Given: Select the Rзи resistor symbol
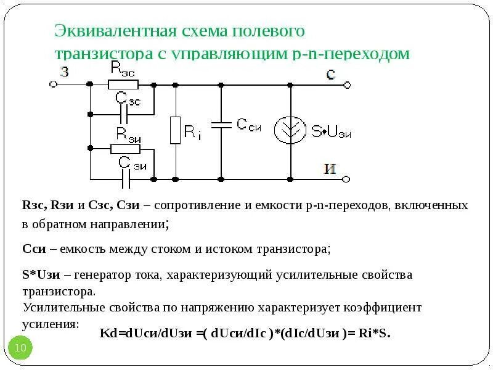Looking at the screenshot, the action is (126, 149).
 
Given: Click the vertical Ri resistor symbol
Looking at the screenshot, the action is (176, 129).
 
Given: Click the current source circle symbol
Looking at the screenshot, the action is (290, 131).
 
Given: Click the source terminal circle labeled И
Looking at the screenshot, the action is (346, 179).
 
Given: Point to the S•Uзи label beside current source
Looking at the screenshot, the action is (331, 132).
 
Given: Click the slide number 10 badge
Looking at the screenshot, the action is (20, 348).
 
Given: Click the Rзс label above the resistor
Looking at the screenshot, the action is (123, 68).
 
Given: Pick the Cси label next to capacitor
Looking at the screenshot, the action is (250, 125).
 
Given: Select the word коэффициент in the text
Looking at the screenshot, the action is (383, 307).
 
